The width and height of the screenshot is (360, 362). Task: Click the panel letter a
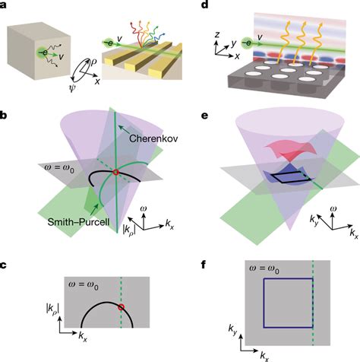tap(5, 6)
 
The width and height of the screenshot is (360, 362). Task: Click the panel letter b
tap(5, 116)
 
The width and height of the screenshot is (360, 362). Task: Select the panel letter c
tap(5, 262)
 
